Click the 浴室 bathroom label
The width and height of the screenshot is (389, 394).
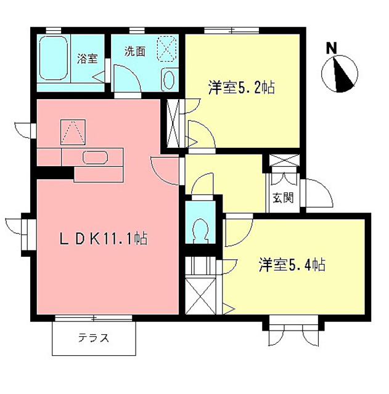[x=87, y=59]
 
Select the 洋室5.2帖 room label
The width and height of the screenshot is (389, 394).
[x=241, y=88]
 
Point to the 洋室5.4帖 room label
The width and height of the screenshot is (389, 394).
[x=292, y=265]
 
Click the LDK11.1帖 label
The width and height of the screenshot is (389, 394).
[x=103, y=238]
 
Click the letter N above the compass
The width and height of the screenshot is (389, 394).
[x=332, y=47]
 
